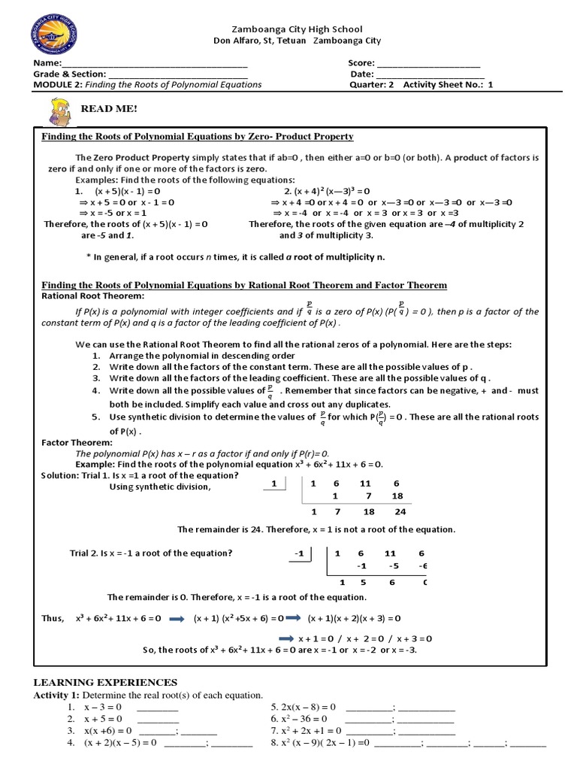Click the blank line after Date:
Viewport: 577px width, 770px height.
[x=429, y=74]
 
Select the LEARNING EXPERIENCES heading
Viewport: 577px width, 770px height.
[x=106, y=682]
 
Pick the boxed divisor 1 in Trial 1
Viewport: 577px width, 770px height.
[x=275, y=484]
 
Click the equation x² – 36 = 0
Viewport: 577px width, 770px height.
[x=305, y=720]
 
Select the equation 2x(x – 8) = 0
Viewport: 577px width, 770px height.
[x=308, y=708]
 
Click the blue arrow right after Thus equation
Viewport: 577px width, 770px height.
[x=177, y=618]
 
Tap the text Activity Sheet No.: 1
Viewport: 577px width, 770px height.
[x=449, y=85]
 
